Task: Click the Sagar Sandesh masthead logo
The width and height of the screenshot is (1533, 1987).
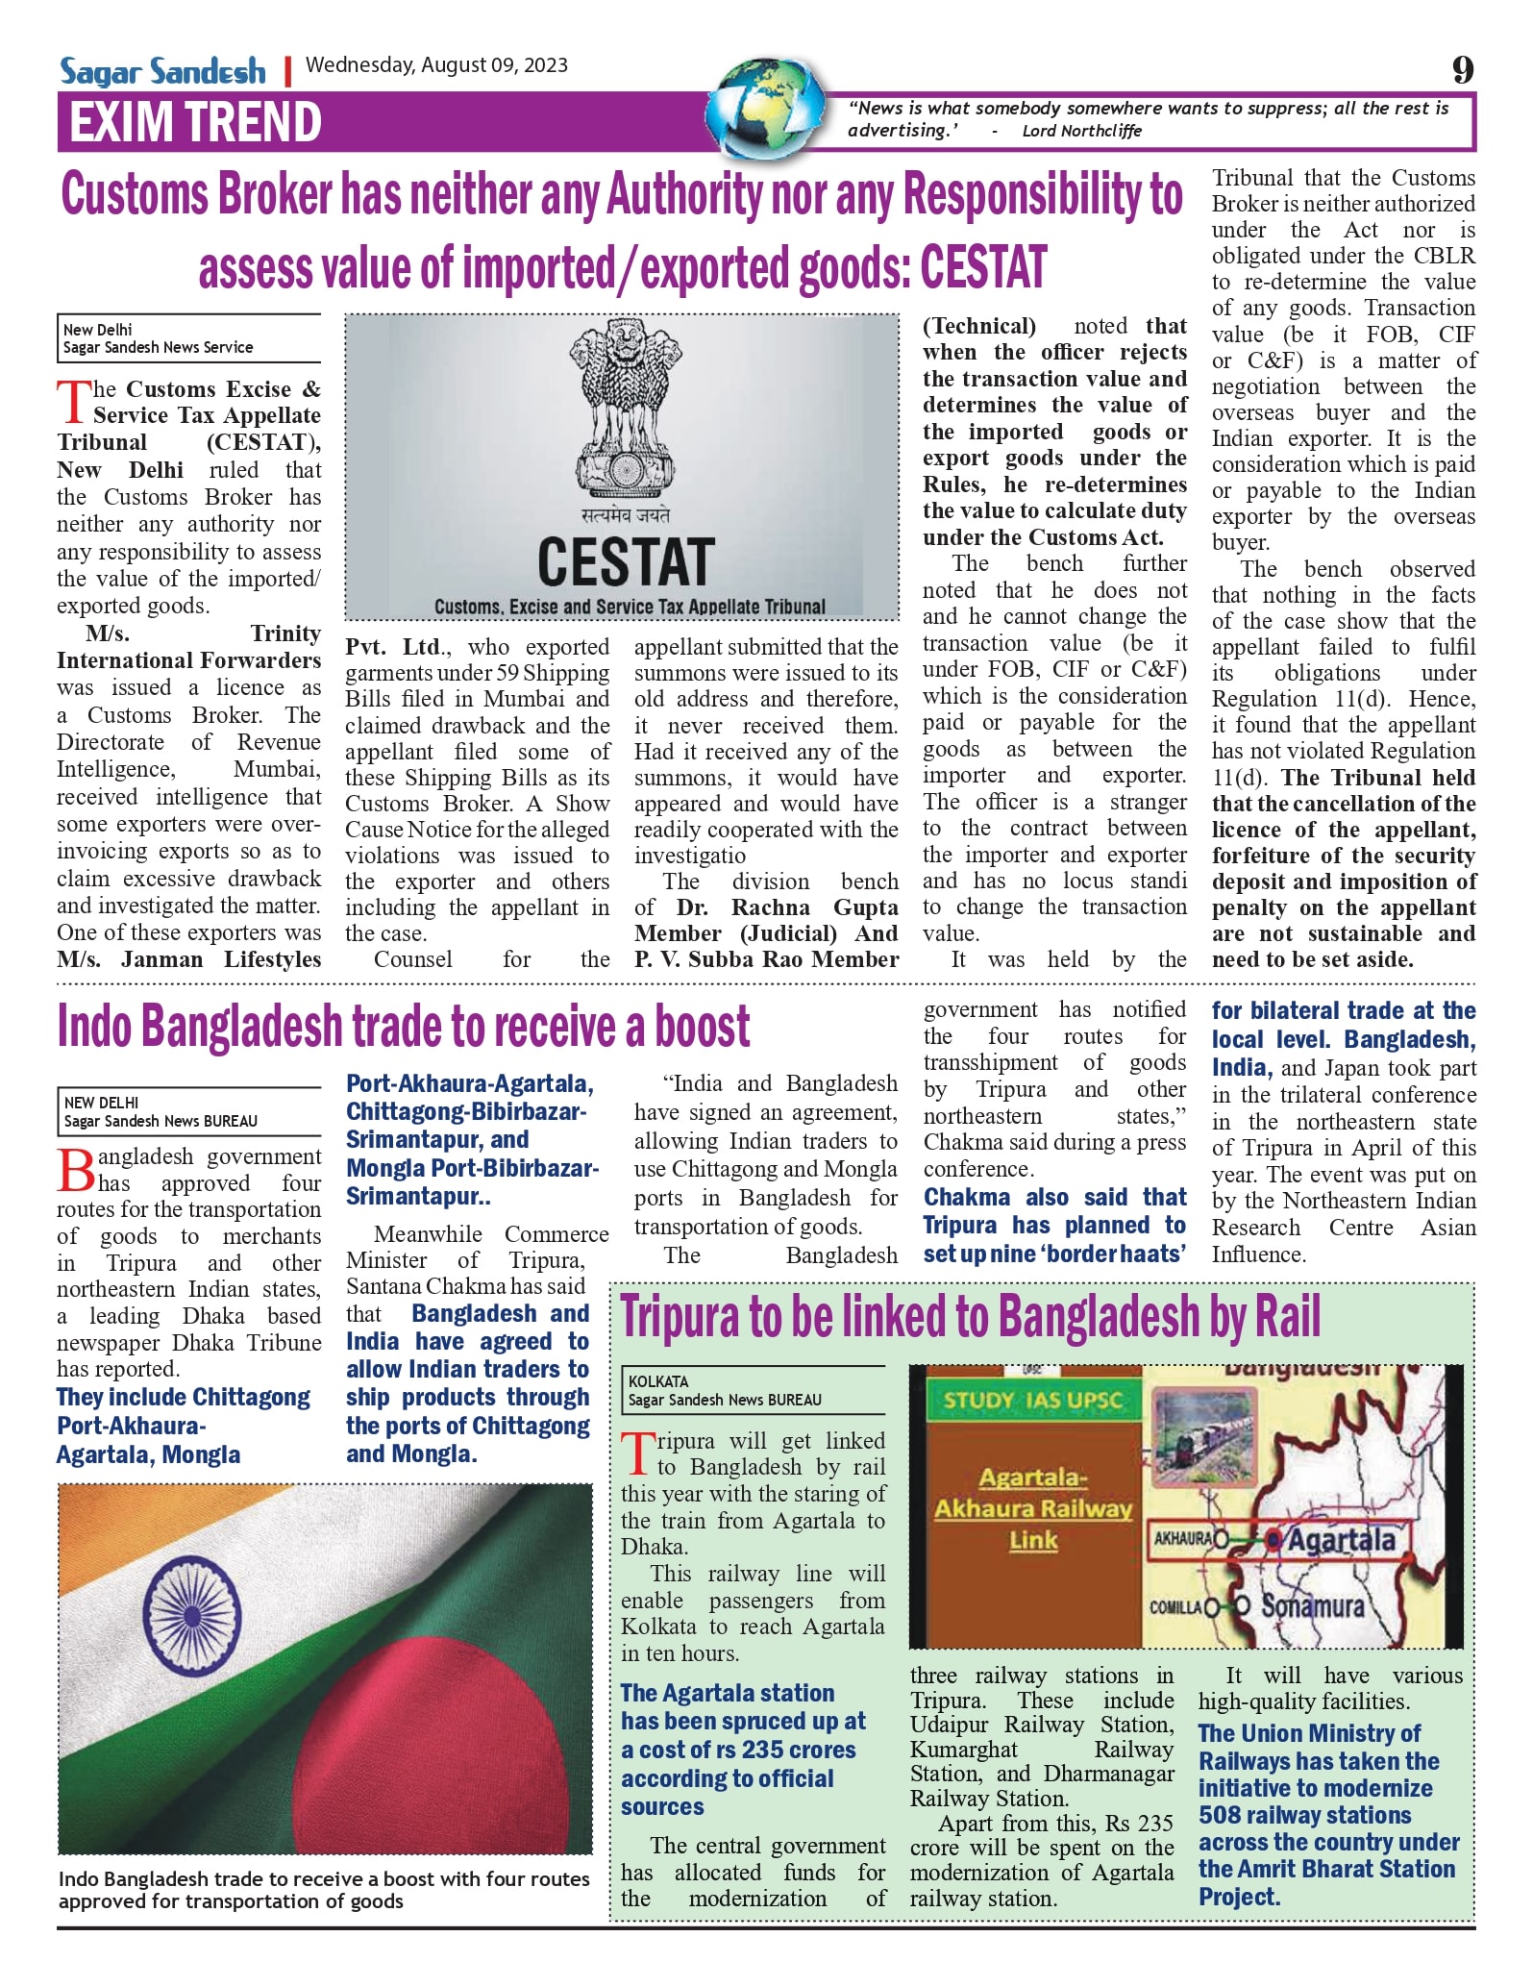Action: pyautogui.click(x=162, y=71)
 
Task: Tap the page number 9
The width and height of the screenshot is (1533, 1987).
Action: pyautogui.click(x=1462, y=70)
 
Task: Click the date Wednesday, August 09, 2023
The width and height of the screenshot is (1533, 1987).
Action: pyautogui.click(x=436, y=65)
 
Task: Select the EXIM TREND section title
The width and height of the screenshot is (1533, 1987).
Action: pyautogui.click(x=195, y=123)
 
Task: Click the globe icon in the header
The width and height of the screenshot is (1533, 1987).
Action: pyautogui.click(x=767, y=107)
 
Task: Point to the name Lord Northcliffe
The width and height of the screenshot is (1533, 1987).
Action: pyautogui.click(x=1081, y=131)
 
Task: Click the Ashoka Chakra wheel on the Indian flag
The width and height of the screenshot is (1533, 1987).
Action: pyautogui.click(x=192, y=1610)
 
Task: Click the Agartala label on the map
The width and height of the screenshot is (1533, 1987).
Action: pyautogui.click(x=1341, y=1540)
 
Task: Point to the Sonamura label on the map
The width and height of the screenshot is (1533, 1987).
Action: pyautogui.click(x=1312, y=1606)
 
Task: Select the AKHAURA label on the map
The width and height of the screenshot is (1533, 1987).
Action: pyautogui.click(x=1182, y=1538)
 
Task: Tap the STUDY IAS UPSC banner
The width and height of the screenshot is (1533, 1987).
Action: pyautogui.click(x=1032, y=1400)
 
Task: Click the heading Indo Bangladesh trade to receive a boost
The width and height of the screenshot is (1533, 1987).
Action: pyautogui.click(x=403, y=1027)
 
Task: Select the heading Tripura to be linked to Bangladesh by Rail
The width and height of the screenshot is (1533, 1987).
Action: pyautogui.click(x=971, y=1317)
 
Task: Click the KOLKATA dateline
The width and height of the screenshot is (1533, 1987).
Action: pyautogui.click(x=658, y=1381)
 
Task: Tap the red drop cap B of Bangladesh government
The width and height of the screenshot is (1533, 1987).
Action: pyautogui.click(x=76, y=1170)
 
